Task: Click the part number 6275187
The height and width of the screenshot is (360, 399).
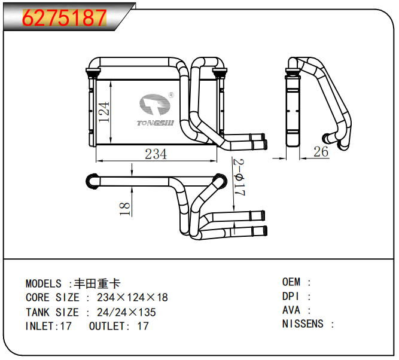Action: (65, 19)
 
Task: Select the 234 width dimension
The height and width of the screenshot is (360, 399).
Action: (156, 154)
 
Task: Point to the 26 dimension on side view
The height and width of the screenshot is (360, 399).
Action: (321, 151)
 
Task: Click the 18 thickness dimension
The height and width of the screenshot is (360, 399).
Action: (124, 208)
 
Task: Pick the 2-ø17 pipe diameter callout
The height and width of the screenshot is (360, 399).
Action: (238, 178)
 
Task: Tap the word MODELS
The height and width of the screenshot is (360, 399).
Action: (43, 283)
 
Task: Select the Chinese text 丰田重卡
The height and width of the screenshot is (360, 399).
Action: (97, 283)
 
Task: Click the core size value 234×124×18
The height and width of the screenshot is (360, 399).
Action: (132, 298)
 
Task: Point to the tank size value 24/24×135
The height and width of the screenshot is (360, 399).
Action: (126, 312)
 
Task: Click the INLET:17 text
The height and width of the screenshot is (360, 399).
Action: (48, 327)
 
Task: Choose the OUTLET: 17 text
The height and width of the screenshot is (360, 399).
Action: (118, 327)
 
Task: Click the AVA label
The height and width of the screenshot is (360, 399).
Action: (291, 310)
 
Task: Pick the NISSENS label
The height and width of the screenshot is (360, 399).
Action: (303, 324)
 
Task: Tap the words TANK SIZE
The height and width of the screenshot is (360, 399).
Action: (52, 312)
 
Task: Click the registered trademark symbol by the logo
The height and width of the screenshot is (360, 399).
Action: (171, 94)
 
